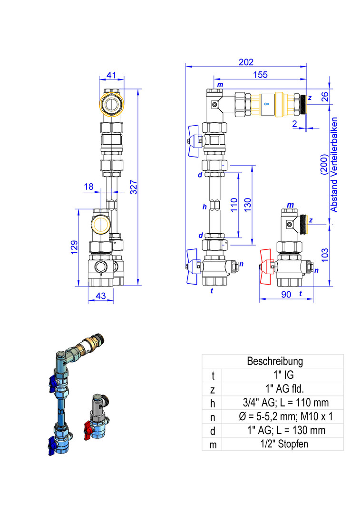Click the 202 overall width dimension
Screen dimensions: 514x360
click(x=246, y=62)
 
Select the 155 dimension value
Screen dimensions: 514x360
click(x=260, y=75)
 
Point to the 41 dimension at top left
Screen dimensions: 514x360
click(x=111, y=75)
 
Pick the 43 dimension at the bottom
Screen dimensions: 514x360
click(x=100, y=296)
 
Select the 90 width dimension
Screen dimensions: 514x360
click(x=286, y=295)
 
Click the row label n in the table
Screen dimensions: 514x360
click(x=213, y=417)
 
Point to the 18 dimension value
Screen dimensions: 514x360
click(x=88, y=187)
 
